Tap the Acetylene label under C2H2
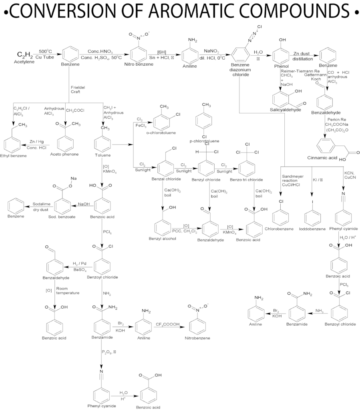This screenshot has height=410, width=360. point(24,62)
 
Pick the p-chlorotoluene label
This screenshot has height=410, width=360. point(204,141)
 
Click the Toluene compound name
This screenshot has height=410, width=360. point(103,155)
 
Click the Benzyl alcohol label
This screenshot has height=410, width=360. point(162,239)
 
